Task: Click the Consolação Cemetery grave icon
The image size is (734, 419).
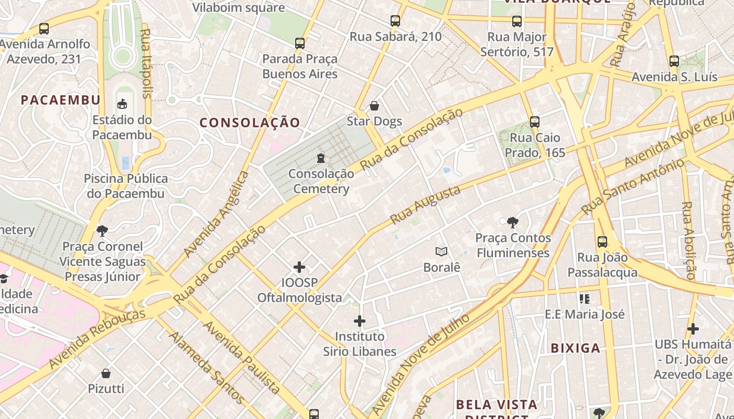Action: coord(321,158)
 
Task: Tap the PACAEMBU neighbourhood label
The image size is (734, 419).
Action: coord(61,100)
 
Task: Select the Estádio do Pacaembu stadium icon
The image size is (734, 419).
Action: coord(122,104)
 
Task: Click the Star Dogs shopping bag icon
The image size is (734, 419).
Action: coord(374,106)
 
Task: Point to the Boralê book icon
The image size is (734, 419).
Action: coord(441,252)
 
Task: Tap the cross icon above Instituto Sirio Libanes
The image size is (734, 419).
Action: coord(360,321)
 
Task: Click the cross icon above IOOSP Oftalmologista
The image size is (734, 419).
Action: coord(299,267)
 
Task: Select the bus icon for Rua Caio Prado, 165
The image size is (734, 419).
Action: coord(534,122)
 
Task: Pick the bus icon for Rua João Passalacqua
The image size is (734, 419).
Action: coord(602,241)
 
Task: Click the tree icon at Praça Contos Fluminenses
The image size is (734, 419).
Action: coord(512,223)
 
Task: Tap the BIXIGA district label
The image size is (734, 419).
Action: coord(576,348)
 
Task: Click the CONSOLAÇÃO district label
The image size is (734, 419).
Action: coord(250,123)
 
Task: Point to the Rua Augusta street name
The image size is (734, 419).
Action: coord(425,204)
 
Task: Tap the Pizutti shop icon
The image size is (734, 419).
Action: coord(106,373)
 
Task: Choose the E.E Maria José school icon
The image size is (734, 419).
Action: coord(585,299)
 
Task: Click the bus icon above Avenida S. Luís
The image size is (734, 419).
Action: coord(674,61)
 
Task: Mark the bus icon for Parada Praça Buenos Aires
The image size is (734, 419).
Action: coord(300,43)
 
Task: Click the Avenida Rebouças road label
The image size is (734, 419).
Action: coord(97,338)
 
